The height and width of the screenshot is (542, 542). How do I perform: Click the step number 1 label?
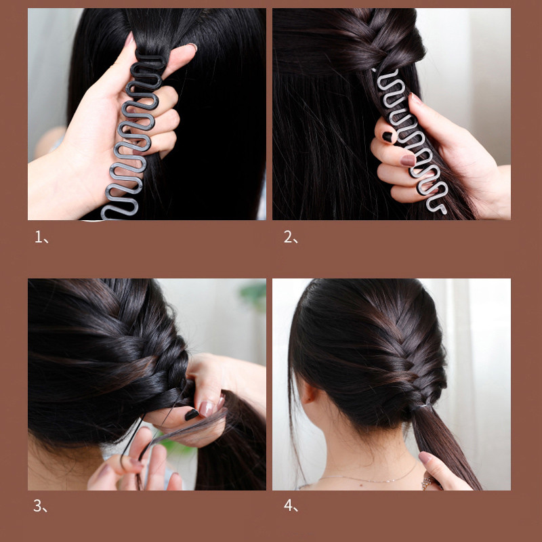40,237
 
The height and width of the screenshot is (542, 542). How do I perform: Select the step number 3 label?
40,505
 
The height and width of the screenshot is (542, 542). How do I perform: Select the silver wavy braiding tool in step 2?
406,135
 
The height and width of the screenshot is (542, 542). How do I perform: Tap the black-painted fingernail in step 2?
387,137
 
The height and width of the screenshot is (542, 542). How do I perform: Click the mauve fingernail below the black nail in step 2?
407,161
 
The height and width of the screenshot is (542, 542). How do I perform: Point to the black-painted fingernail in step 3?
192,413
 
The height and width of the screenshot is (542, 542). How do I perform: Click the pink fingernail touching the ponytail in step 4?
425,457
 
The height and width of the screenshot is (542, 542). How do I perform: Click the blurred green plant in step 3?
254,295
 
